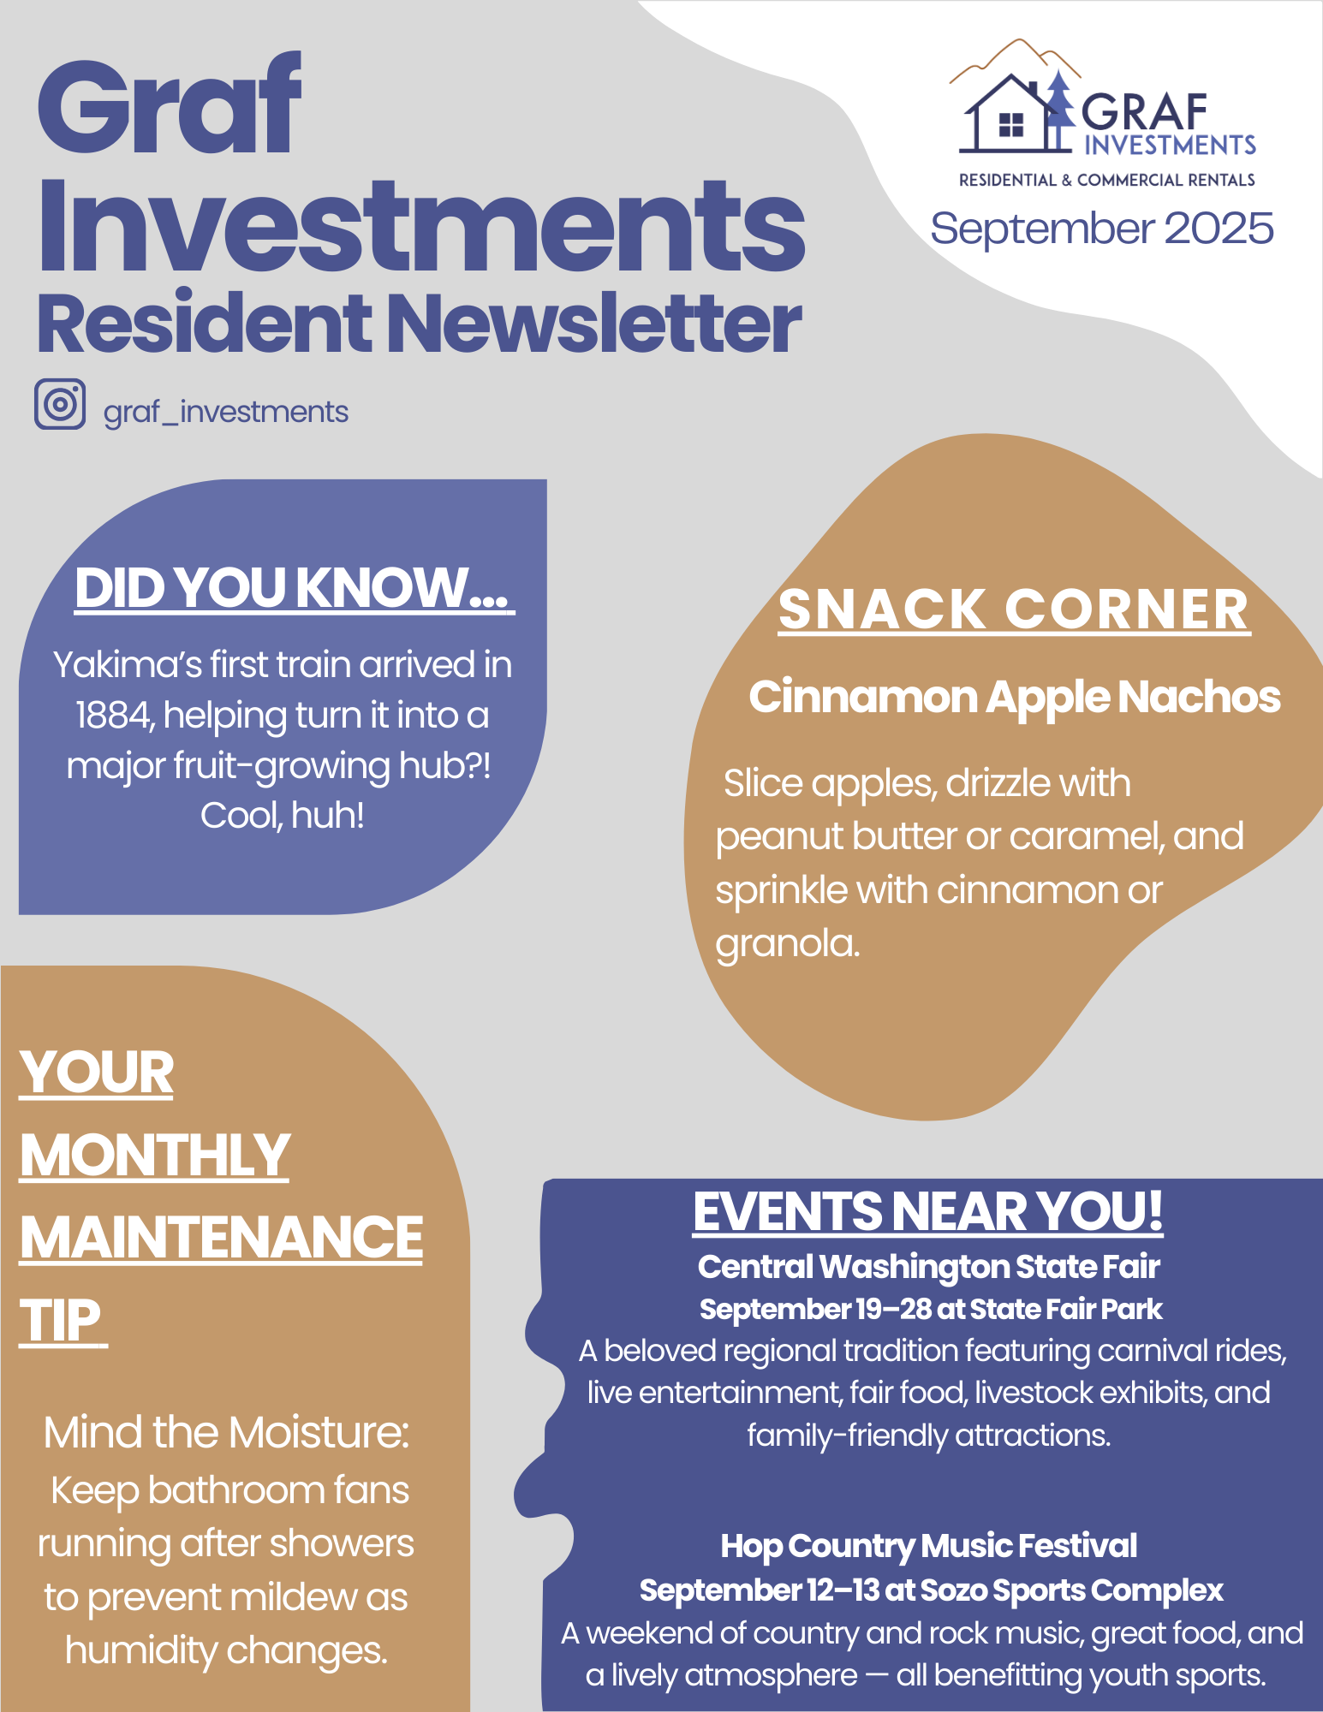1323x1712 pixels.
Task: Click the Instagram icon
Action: (60, 403)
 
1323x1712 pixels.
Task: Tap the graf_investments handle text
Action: (226, 413)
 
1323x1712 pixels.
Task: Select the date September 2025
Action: (1102, 229)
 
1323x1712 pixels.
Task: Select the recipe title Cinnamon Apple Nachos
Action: (1015, 697)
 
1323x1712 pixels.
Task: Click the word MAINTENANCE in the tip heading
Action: (222, 1238)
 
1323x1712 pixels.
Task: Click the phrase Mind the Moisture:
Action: (227, 1432)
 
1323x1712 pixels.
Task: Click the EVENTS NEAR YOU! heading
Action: (928, 1212)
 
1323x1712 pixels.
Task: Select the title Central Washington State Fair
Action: (929, 1267)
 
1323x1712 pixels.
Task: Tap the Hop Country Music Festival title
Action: (929, 1546)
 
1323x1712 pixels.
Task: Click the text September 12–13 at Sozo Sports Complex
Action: (932, 1590)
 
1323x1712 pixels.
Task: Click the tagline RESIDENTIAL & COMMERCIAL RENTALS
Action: (1107, 180)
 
